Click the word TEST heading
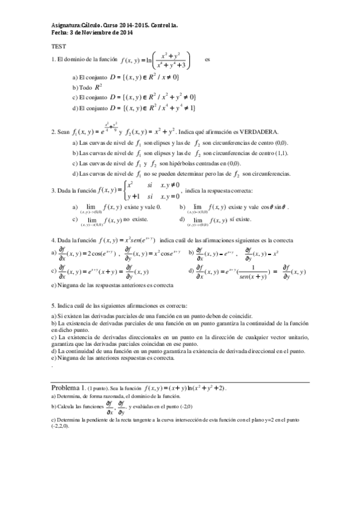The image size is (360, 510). click(x=58, y=46)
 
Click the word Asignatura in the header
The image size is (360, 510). click(x=66, y=25)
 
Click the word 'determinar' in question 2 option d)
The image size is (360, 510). click(x=186, y=174)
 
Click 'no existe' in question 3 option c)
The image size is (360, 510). click(x=135, y=220)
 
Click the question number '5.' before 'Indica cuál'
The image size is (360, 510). click(x=53, y=306)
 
